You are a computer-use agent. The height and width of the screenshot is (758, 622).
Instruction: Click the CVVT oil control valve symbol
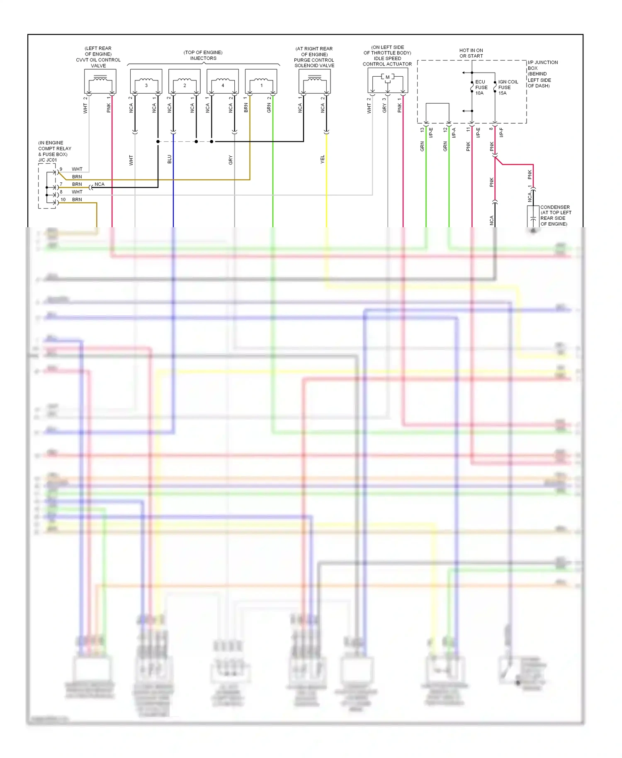(x=100, y=81)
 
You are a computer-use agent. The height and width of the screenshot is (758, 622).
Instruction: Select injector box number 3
(x=146, y=82)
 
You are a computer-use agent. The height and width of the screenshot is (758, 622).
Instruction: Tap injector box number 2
(x=185, y=82)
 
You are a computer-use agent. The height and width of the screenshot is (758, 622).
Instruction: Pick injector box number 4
(x=223, y=82)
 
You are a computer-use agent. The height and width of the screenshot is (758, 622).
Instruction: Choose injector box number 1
(x=261, y=82)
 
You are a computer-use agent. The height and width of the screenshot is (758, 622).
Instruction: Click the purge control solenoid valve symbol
(x=314, y=81)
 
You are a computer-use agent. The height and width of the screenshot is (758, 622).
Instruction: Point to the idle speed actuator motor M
(x=388, y=78)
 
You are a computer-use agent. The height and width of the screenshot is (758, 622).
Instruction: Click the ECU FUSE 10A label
(x=481, y=87)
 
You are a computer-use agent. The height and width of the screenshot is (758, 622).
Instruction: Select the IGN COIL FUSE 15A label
(x=508, y=87)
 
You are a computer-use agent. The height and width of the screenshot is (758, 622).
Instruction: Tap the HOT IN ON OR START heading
(x=471, y=53)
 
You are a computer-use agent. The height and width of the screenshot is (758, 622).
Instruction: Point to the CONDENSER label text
(x=555, y=207)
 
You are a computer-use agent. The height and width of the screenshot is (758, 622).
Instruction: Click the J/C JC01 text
(x=48, y=160)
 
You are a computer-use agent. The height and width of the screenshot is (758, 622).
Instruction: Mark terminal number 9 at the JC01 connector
(x=61, y=169)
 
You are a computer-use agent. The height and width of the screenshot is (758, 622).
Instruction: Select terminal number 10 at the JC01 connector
(x=63, y=199)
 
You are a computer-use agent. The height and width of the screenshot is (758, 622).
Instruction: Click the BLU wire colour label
(x=169, y=159)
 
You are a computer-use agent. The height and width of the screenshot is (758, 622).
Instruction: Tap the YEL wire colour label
(x=322, y=159)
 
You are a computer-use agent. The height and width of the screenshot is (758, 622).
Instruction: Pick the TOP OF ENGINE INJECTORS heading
(x=203, y=55)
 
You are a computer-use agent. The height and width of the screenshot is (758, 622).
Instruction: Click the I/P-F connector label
(x=501, y=132)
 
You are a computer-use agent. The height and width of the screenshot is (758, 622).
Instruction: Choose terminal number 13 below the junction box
(x=422, y=130)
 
